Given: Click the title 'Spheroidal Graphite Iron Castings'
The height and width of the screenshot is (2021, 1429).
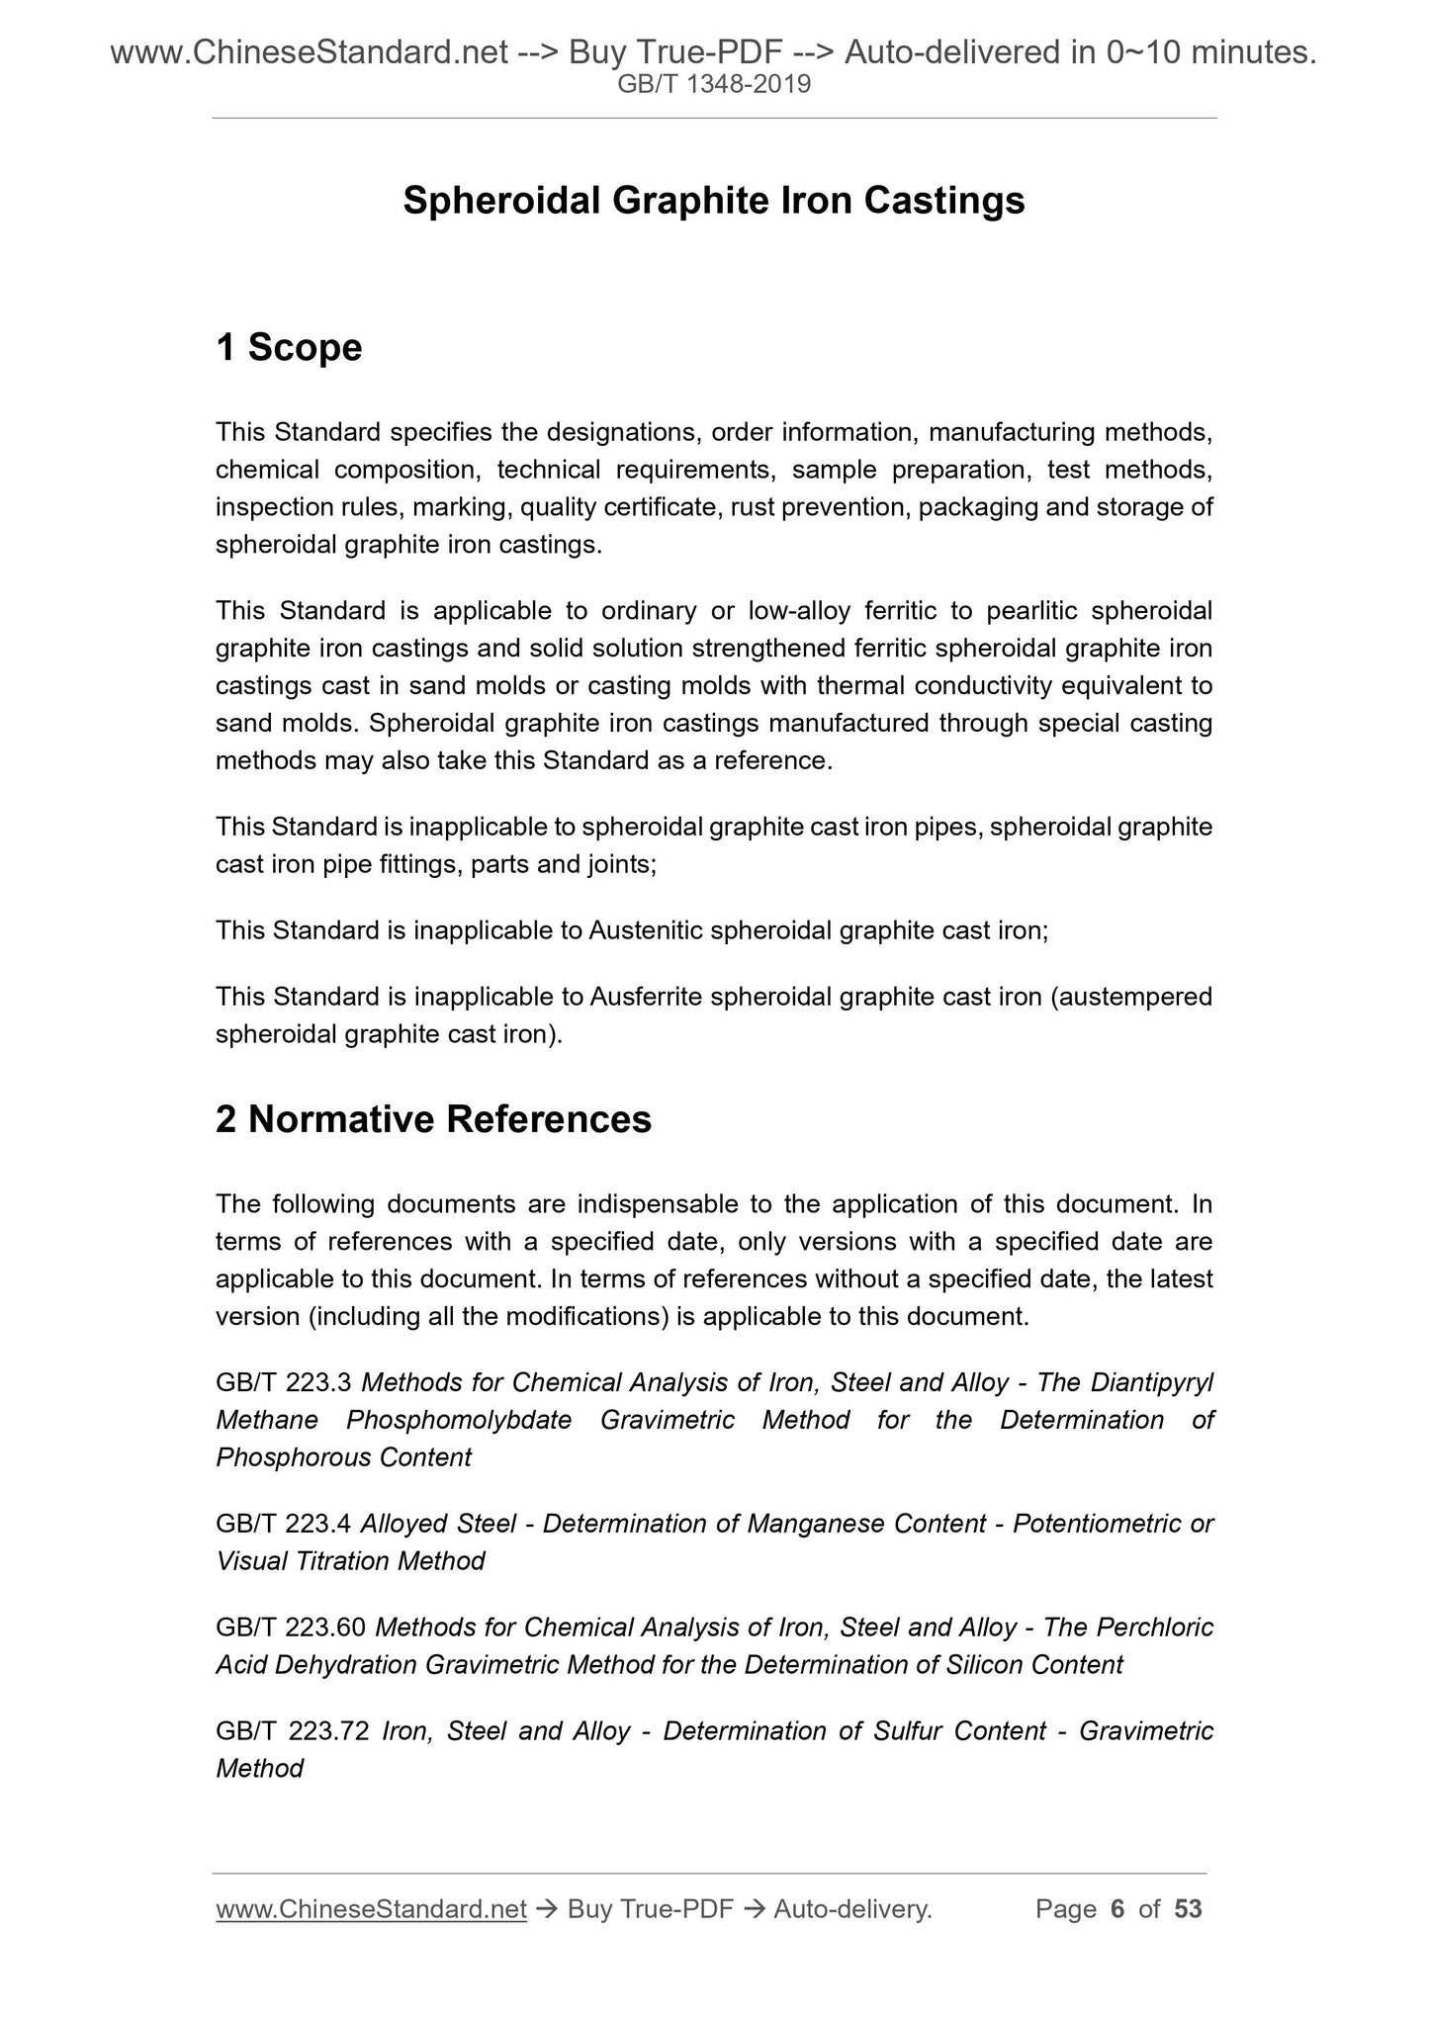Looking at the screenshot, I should [714, 201].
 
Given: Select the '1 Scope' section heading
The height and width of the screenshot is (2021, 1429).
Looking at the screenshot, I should [289, 348].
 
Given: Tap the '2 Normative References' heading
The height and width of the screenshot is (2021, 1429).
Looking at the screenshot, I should [433, 1119].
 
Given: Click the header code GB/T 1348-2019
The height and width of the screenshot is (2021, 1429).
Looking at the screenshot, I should [714, 85].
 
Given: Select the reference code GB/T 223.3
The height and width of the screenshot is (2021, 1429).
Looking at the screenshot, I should [285, 1382].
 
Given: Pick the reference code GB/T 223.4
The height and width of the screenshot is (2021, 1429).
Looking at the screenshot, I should [284, 1524].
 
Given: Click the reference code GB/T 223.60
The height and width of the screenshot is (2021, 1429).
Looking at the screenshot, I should [291, 1627].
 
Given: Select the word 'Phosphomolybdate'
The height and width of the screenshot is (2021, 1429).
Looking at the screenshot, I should [459, 1420].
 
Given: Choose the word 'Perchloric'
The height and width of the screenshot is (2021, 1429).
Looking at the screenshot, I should [1155, 1627].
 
